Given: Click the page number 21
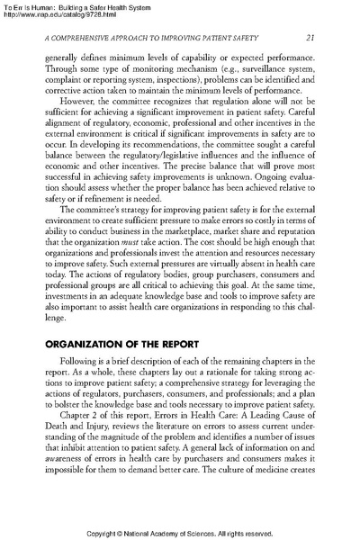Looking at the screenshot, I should point(310,37).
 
